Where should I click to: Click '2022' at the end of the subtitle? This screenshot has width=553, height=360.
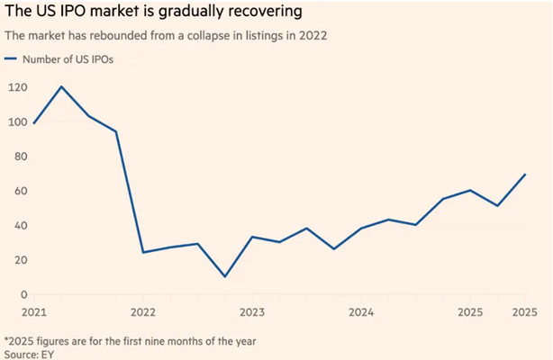[x=307, y=36]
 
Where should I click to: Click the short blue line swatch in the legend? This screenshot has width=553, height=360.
[x=13, y=59]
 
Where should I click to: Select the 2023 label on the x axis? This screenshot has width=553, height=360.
[x=251, y=313]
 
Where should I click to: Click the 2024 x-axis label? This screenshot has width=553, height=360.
[x=360, y=313]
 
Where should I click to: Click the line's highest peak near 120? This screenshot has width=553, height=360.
[x=61, y=87]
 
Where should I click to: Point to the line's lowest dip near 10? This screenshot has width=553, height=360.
[x=224, y=276]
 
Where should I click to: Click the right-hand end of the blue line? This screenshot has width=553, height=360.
[x=525, y=175]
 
